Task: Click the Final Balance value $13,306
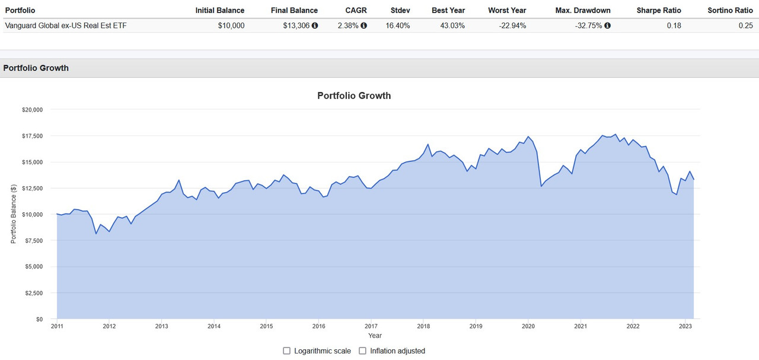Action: coord(296,26)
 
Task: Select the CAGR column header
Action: coord(356,10)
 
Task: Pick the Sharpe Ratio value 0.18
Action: coord(674,26)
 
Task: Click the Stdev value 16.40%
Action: coord(397,26)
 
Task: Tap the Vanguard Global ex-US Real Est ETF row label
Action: coord(65,26)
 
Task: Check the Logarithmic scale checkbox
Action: coord(287,351)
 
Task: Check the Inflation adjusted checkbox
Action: coord(363,351)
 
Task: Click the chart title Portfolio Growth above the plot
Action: coord(354,95)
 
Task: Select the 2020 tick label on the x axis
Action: coord(528,326)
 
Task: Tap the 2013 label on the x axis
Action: coord(161,326)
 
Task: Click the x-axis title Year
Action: coord(375,336)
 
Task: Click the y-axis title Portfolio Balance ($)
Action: coord(13,214)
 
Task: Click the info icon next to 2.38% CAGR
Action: coord(363,26)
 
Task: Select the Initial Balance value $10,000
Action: coord(228,26)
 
